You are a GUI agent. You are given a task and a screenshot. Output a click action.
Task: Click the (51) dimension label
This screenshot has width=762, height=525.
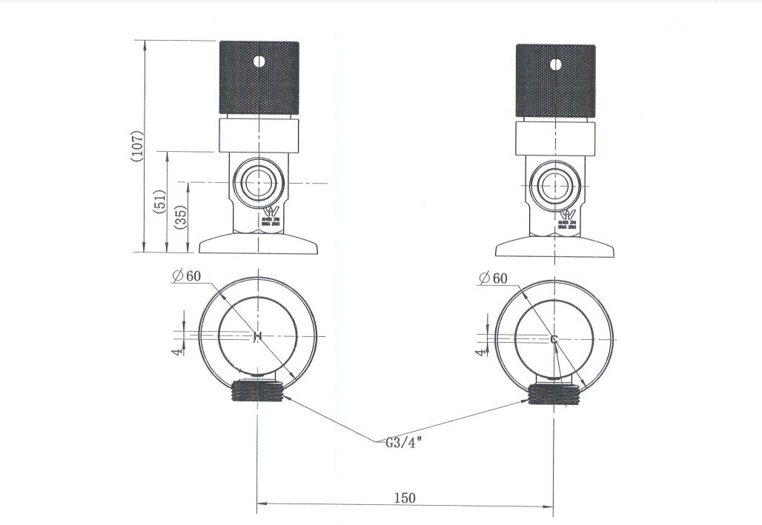(159, 201)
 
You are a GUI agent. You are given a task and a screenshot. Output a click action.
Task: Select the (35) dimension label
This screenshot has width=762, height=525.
(182, 216)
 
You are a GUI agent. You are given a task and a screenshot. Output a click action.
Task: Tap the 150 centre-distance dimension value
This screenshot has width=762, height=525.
(405, 498)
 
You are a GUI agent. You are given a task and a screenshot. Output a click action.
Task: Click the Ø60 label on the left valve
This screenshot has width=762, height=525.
(186, 276)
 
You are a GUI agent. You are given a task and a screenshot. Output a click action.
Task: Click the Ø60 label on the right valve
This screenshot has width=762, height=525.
(493, 278)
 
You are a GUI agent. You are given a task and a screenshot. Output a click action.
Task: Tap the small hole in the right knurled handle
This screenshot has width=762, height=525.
(555, 64)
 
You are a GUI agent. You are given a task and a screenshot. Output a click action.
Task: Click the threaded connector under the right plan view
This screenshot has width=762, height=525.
(554, 392)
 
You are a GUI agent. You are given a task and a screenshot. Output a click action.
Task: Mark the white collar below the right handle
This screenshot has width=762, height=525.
(555, 139)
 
